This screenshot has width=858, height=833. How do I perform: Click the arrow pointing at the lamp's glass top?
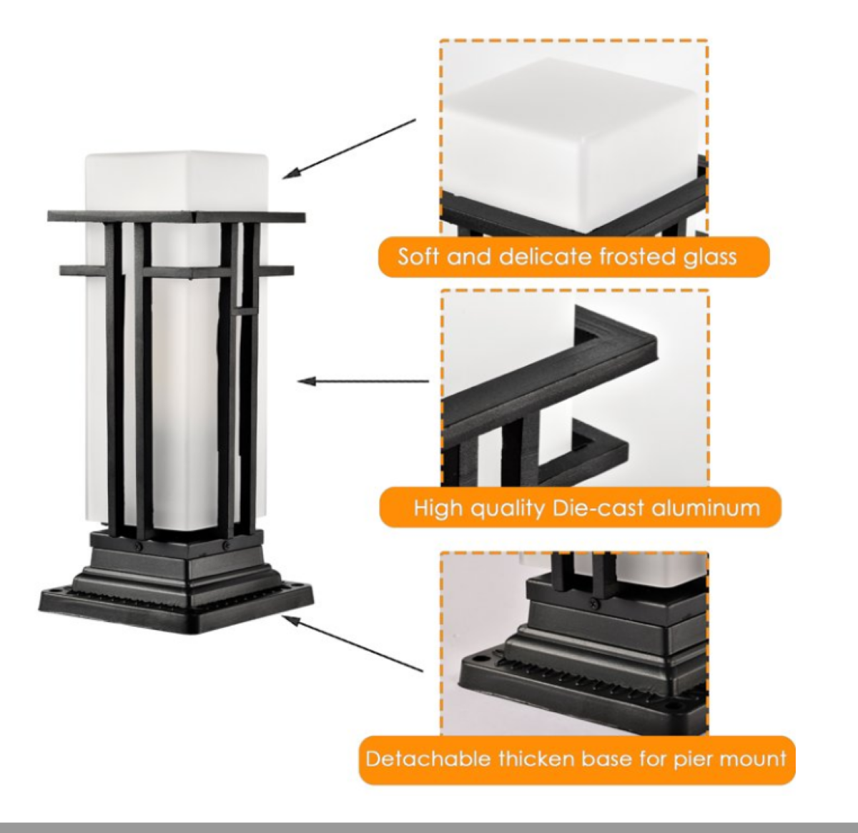[x=349, y=149]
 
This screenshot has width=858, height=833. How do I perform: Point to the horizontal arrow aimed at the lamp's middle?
[x=363, y=381]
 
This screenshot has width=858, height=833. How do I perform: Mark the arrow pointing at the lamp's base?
[x=352, y=644]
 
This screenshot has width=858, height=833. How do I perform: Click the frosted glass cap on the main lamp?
[x=177, y=182]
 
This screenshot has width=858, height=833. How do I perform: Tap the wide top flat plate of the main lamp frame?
[x=177, y=217]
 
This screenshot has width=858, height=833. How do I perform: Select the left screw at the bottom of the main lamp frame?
[x=139, y=546]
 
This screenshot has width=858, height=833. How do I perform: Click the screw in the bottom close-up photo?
[x=596, y=601]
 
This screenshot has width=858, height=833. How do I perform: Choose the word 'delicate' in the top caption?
[x=547, y=257]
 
